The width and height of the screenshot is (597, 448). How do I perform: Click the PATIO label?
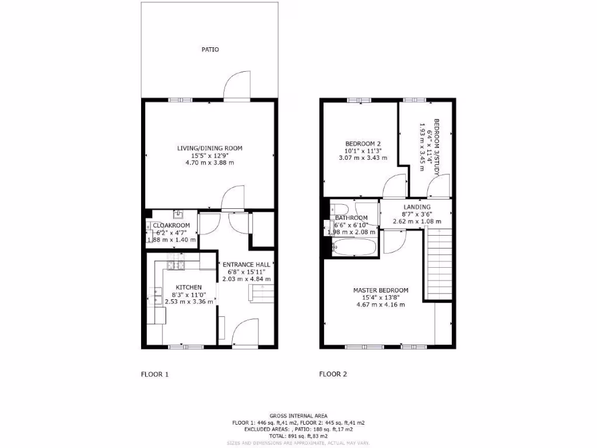coord(210,50)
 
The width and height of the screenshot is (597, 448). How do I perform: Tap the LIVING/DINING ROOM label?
coord(210,148)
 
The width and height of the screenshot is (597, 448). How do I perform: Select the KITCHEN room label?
coord(189,287)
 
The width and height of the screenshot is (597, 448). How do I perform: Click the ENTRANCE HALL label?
coord(247,264)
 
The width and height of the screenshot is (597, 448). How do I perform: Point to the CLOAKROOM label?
coord(171,225)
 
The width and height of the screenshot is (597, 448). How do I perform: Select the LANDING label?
coord(417,207)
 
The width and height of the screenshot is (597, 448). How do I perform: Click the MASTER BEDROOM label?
coord(381,290)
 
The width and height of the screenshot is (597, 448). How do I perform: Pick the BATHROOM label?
coord(351,218)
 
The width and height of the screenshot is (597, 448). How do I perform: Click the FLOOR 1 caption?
coord(154,374)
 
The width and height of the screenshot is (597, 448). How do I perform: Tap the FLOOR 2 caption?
coord(333,374)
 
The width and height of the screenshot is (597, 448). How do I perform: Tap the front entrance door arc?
coord(245,332)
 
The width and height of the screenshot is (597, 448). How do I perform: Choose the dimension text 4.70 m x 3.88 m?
coord(210,162)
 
